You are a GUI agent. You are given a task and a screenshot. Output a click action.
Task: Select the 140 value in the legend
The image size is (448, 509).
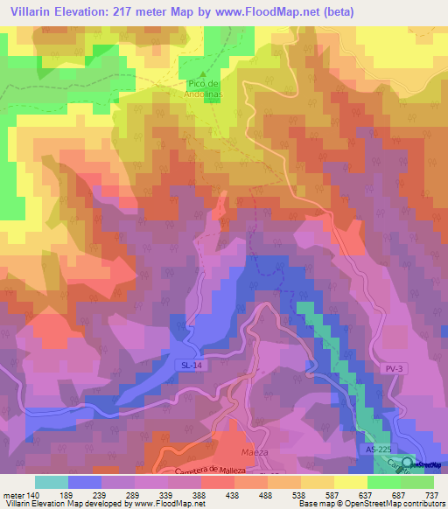point(34,494)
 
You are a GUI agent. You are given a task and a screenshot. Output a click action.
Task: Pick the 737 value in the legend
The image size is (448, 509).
point(430,494)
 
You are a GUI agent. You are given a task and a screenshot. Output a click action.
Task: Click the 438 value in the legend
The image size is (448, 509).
point(232,494)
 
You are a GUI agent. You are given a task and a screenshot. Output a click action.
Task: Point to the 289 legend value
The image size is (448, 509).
point(133,494)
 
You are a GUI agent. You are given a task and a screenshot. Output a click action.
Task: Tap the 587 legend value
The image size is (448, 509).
point(332,494)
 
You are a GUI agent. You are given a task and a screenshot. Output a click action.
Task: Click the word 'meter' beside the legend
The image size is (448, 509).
point(12,494)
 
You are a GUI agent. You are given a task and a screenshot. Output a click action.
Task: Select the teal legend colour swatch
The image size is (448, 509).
point(51,482)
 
